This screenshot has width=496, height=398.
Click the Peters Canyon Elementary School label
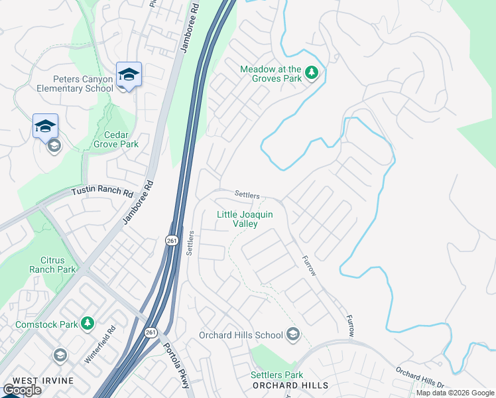(74, 83)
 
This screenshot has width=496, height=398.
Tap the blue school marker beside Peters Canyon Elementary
(129, 75)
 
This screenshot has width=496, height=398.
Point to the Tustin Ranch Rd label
(102, 192)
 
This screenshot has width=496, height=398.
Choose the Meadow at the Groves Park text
(271, 73)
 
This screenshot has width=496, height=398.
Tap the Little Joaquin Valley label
(245, 219)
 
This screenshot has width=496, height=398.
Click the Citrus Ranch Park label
(52, 265)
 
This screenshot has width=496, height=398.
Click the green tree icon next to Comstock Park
(87, 323)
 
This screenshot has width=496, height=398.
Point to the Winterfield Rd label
(99, 343)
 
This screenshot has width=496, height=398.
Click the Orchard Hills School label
(241, 335)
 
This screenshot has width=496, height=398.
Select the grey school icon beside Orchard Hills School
(293, 335)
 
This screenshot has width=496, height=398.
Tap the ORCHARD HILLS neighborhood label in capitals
(289, 385)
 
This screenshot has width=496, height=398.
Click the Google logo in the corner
(22, 390)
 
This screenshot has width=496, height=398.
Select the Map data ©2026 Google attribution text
(455, 393)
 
